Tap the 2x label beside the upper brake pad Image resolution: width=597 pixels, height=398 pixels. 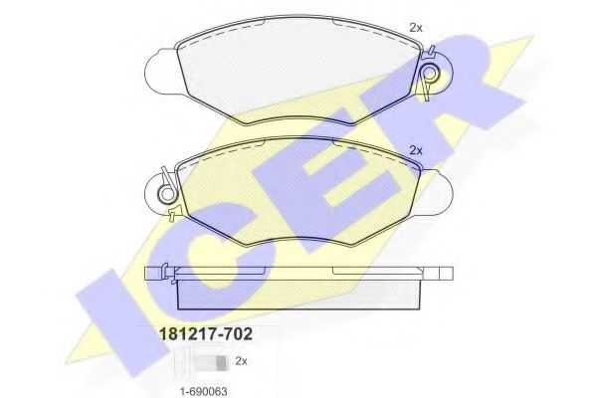[x=416, y=27]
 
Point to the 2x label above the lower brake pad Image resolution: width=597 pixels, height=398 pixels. [x=416, y=150]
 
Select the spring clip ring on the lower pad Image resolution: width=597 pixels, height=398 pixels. [x=167, y=186]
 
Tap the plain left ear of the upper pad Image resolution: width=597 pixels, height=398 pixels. [x=159, y=70]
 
